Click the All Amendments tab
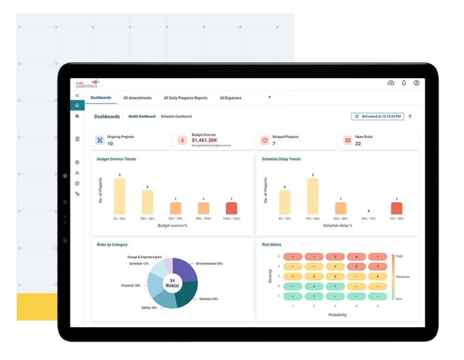coord(137,98)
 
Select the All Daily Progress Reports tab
coord(186,98)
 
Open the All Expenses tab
coord(231,98)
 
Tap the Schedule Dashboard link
coord(176,116)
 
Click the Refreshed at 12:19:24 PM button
coord(378,116)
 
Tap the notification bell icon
coord(404,83)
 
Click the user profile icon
coord(416,83)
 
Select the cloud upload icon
coord(391,83)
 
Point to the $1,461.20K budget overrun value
coord(204,140)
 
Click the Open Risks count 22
coord(358,143)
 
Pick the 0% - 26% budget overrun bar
coord(120,196)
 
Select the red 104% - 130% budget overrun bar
coord(231,208)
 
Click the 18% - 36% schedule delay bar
coord(313,196)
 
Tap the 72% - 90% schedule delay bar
coord(396,208)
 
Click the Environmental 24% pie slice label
coord(209,264)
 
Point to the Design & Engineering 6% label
coord(145,257)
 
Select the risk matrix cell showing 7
coord(378,266)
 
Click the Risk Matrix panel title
coord(271,244)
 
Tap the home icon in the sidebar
coord(77,105)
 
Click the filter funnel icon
coord(410,116)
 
